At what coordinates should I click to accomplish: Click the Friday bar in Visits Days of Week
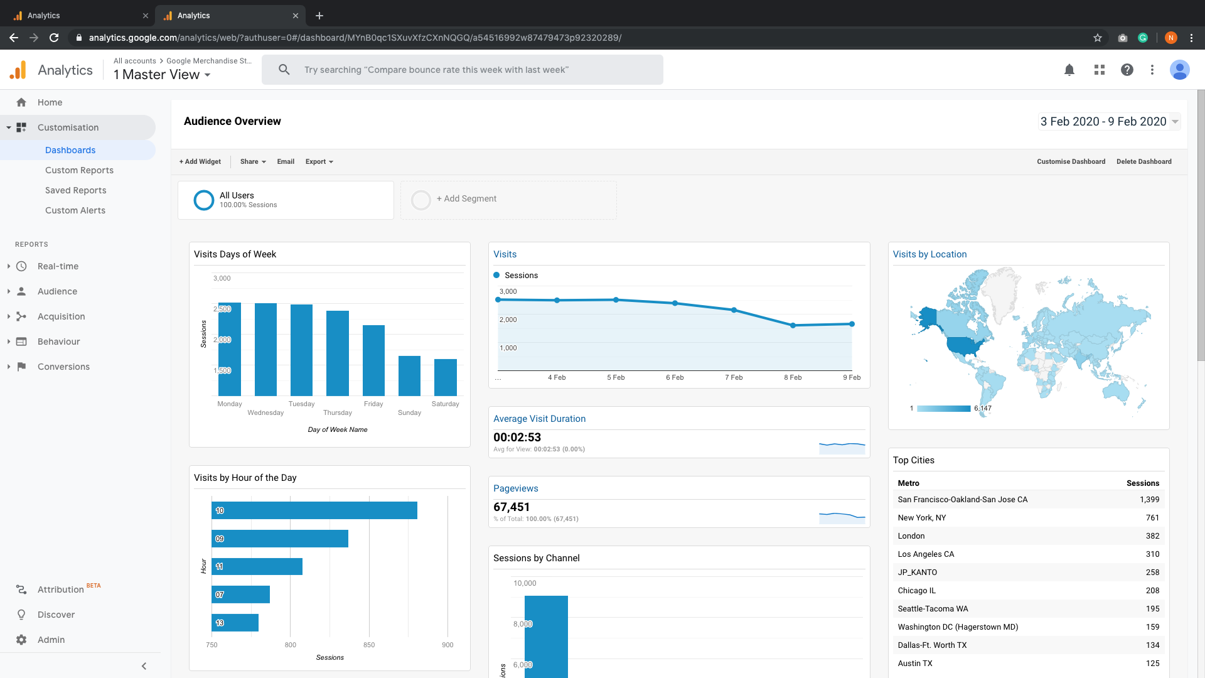pos(373,360)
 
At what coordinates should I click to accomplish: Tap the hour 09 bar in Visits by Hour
pos(279,539)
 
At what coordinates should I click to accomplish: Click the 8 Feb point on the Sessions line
pos(793,325)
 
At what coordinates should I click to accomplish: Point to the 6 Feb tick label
pos(675,377)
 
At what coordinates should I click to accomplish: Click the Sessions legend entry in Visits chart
pos(521,275)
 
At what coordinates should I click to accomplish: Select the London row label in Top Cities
pos(911,535)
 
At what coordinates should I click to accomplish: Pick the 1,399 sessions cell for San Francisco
pos(1149,499)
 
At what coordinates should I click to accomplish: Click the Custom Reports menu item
pos(79,170)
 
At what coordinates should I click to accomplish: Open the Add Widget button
pos(200,161)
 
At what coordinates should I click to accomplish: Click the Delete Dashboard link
pos(1143,161)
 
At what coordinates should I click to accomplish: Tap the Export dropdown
pos(319,161)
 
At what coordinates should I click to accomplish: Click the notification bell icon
pos(1069,70)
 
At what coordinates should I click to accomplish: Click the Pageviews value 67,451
pos(511,507)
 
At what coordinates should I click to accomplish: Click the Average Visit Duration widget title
pos(539,419)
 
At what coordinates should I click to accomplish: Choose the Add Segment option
pos(466,199)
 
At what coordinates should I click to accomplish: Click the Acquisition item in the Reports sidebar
pos(61,316)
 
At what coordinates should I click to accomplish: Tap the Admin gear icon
pos(21,639)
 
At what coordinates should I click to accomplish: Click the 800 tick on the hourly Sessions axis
pos(290,645)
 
